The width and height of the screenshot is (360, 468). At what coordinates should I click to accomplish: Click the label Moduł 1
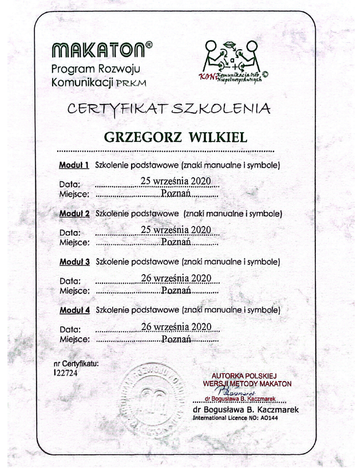pyautogui.click(x=74, y=166)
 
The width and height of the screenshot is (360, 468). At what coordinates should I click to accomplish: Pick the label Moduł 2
pyautogui.click(x=74, y=214)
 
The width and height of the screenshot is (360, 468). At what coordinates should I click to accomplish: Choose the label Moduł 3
pyautogui.click(x=74, y=263)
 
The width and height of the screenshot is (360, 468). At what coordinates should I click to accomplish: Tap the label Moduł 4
pyautogui.click(x=74, y=311)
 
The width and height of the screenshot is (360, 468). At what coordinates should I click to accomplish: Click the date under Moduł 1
pyautogui.click(x=176, y=183)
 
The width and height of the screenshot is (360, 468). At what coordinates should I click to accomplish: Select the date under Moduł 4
pyautogui.click(x=176, y=327)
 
